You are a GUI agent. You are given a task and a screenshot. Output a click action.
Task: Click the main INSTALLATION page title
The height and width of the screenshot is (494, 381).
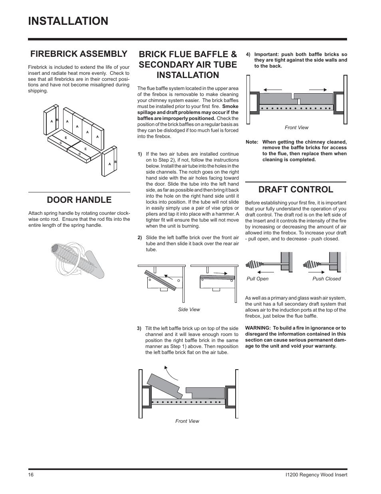[x=68, y=21]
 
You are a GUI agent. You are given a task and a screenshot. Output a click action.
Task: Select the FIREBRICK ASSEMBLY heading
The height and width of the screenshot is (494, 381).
[x=78, y=54]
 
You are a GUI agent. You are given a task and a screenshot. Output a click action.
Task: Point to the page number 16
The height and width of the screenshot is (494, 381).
[x=31, y=475]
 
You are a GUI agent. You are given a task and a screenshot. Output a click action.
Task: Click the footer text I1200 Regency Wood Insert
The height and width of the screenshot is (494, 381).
[x=314, y=475]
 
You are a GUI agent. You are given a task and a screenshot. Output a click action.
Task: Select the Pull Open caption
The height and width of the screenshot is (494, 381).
[x=258, y=279]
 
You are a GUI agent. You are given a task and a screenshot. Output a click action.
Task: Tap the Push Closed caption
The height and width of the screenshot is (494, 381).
[x=326, y=279]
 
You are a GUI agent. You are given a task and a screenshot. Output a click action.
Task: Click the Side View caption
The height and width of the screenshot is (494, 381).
[x=189, y=310]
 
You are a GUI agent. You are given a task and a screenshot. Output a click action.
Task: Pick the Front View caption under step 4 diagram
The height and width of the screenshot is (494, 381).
[x=296, y=128]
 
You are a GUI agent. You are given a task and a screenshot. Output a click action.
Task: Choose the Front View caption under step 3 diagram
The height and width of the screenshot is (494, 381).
[x=187, y=421]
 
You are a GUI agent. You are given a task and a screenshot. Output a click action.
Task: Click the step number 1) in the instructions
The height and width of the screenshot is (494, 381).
[x=140, y=154]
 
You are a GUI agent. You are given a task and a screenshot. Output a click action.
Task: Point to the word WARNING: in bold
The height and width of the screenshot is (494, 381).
[x=258, y=328]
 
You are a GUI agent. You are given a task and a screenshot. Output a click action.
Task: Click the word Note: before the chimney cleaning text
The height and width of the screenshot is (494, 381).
[x=252, y=142]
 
